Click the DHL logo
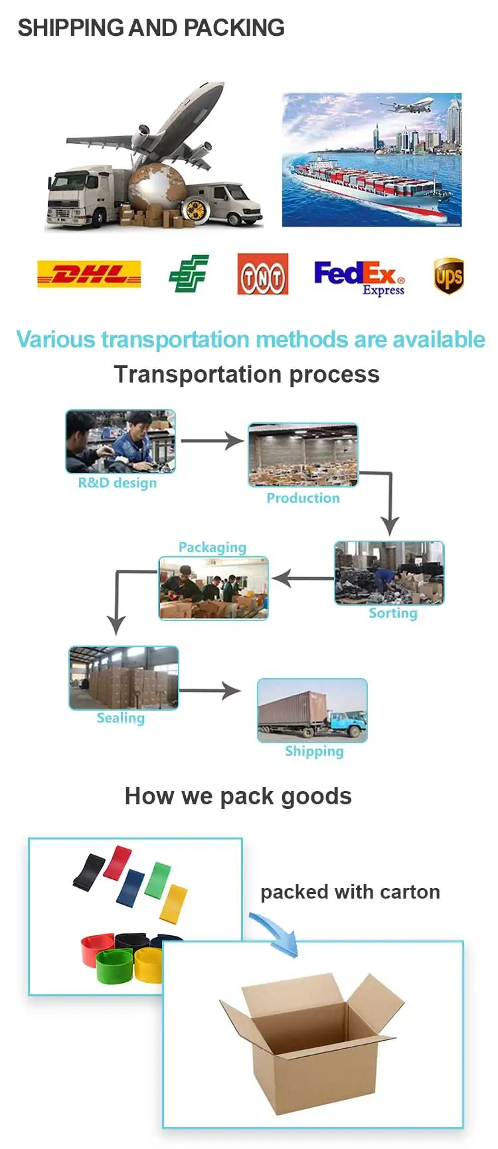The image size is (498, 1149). click(89, 274)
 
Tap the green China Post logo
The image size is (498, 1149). click(189, 274)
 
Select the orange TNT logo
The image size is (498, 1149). click(263, 274)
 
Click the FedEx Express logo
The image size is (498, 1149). click(359, 277)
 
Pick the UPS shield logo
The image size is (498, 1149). click(449, 276)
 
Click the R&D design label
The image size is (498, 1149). click(118, 483)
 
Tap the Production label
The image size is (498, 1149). click(303, 498)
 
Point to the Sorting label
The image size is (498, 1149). click(393, 613)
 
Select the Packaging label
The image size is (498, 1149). click(212, 547)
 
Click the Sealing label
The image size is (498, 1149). click(120, 718)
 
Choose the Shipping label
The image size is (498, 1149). click(314, 751)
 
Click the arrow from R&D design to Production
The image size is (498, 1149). click(212, 440)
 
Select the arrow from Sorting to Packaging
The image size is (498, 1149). click(302, 578)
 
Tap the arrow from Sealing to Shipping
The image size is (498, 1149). click(210, 691)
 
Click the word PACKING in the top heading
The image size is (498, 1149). click(234, 28)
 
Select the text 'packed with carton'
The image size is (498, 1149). click(350, 892)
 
